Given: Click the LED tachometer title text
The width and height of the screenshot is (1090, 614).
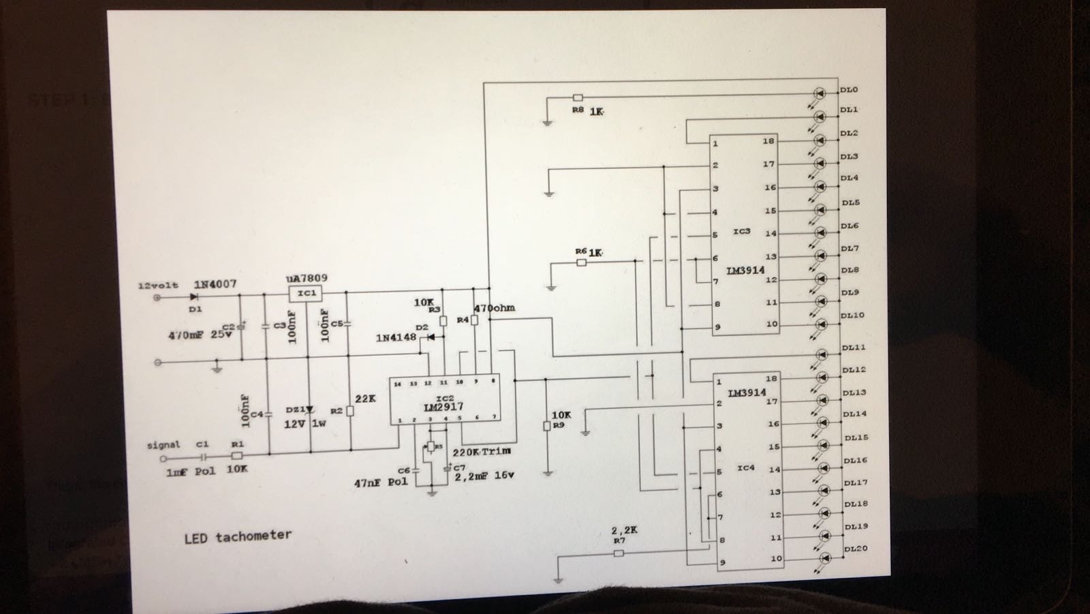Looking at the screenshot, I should pyautogui.click(x=238, y=536).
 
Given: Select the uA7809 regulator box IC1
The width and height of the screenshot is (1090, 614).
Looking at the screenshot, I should pyautogui.click(x=306, y=293).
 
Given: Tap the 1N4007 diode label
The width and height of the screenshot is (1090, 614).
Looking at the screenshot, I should pyautogui.click(x=215, y=283).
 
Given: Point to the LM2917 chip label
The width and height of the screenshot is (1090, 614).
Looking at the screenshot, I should pyautogui.click(x=443, y=407).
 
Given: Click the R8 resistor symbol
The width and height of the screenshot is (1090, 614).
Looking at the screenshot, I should pyautogui.click(x=578, y=98).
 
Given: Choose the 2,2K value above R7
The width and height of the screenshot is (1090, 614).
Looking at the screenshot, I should pyautogui.click(x=624, y=530).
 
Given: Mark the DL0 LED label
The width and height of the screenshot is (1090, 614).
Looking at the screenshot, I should pyautogui.click(x=849, y=90).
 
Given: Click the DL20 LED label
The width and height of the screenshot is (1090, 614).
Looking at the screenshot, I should pyautogui.click(x=856, y=549).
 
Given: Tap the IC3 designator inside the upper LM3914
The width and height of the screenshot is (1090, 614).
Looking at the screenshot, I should pyautogui.click(x=741, y=232).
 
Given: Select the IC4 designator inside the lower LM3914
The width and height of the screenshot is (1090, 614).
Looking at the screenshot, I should pyautogui.click(x=746, y=468).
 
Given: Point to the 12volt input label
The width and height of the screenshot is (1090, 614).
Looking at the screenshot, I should pyautogui.click(x=158, y=286).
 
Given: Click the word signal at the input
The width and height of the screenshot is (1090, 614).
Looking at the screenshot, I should pyautogui.click(x=163, y=445).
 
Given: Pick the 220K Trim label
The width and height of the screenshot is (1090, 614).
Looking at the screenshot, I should pyautogui.click(x=481, y=451).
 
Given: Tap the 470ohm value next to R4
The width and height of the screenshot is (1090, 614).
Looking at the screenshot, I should pyautogui.click(x=494, y=308).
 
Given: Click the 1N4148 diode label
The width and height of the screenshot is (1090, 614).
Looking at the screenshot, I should pyautogui.click(x=396, y=337).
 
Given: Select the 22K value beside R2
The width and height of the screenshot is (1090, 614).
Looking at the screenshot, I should pyautogui.click(x=365, y=399).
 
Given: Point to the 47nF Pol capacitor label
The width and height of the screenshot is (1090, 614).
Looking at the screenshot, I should pyautogui.click(x=380, y=482).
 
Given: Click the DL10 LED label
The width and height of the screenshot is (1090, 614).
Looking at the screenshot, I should pyautogui.click(x=852, y=316).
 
